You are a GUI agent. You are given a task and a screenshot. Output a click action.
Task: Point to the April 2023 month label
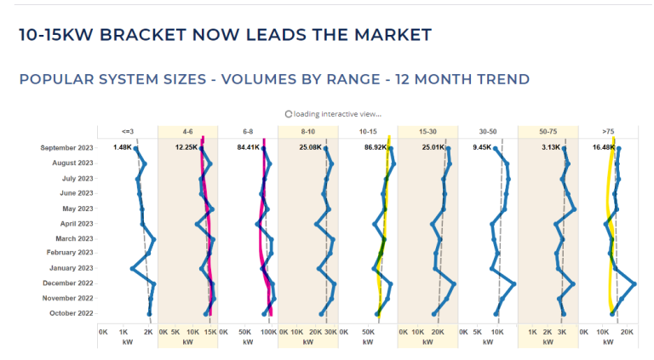[76, 223]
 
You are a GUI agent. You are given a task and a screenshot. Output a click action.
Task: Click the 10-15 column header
[368, 132]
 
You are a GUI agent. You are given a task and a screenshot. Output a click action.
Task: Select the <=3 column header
[128, 132]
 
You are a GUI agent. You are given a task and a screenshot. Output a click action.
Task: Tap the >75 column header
[607, 132]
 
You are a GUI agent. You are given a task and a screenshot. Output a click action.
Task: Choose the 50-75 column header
[548, 132]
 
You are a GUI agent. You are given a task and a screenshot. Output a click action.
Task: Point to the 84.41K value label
[249, 147]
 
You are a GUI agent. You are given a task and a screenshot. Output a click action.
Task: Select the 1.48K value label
[122, 147]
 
